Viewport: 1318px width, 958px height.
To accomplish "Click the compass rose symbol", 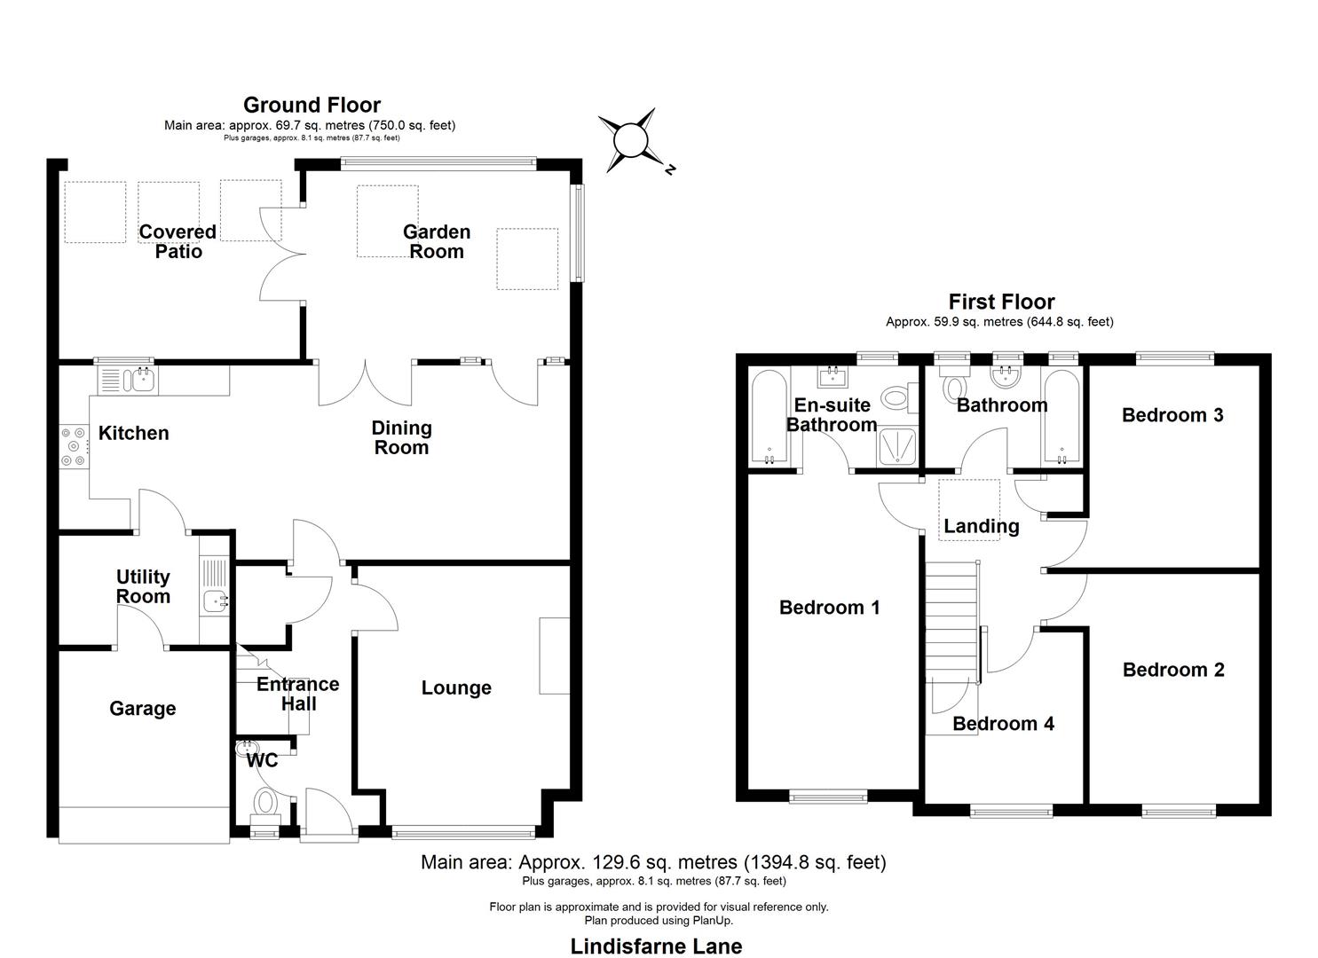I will point(631,140).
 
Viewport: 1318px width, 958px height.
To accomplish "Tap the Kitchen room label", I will point(133,433).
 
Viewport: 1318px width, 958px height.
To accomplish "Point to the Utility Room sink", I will point(215,601).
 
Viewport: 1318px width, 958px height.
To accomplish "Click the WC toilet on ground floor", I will point(265,804).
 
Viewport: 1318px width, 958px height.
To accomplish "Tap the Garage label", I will point(142,708).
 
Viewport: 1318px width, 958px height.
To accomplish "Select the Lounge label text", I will point(456,687).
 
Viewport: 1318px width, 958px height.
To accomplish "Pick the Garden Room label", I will point(436,241).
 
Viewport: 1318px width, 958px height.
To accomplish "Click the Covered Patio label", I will point(178,241).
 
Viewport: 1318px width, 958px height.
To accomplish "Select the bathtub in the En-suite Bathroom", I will point(765,417).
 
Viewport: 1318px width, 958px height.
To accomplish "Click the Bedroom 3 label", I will point(1172,415).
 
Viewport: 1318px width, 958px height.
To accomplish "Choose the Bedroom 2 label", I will point(1173,670).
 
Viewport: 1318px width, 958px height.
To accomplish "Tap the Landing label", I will point(981,526).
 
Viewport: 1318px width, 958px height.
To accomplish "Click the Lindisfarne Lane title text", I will point(656,946).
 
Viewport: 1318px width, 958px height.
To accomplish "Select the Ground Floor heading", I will point(312,106).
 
